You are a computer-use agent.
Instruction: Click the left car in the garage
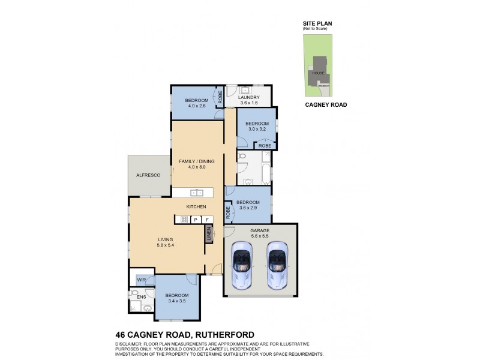click(243, 264)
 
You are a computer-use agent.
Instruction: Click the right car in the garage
click(278, 264)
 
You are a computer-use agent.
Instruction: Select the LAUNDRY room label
click(248, 97)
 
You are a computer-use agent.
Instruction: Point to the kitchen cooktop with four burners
click(184, 220)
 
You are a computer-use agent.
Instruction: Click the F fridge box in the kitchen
click(207, 220)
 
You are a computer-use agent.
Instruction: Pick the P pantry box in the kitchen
click(195, 220)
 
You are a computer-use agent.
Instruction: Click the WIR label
click(142, 280)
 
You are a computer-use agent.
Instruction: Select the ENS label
click(142, 296)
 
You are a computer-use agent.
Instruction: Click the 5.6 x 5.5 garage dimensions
click(260, 236)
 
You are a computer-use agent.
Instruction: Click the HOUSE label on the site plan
click(318, 73)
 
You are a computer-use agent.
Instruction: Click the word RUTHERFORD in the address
click(221, 335)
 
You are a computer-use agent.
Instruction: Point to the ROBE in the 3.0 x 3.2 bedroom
click(265, 146)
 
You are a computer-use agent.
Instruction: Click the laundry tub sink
click(245, 89)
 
